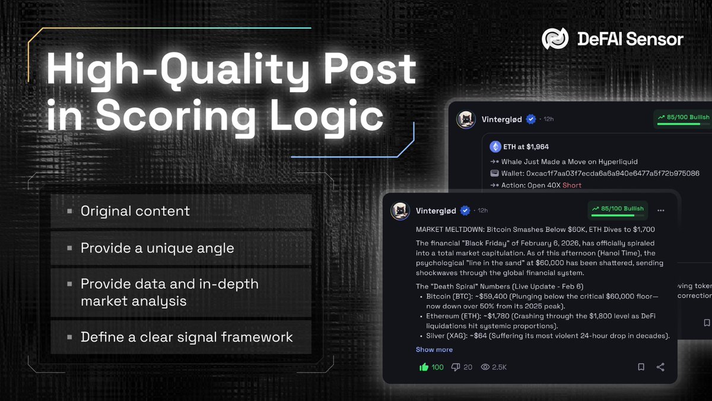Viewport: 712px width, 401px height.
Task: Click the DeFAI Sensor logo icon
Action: (x=555, y=39)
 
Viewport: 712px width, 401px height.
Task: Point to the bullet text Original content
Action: (x=135, y=211)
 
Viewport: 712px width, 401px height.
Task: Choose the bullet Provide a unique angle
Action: (x=157, y=248)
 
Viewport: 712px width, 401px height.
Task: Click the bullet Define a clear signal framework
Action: (x=187, y=337)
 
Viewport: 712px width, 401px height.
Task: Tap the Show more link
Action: (x=434, y=350)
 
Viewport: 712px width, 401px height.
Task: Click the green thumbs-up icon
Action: (x=424, y=367)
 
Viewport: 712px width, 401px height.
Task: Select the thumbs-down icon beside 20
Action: (x=456, y=367)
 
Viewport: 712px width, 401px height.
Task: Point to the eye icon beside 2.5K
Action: (x=485, y=367)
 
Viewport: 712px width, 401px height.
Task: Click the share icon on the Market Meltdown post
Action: (x=660, y=367)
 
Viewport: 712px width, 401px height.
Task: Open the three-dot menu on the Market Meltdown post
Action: (x=661, y=210)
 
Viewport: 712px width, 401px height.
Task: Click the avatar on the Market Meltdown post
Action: (x=400, y=211)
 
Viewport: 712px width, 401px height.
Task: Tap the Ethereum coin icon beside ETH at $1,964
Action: (x=495, y=147)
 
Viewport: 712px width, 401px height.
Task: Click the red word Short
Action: (x=572, y=185)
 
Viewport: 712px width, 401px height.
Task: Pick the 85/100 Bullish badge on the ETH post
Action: (x=683, y=118)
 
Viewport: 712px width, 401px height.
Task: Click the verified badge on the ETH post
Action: (x=531, y=119)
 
